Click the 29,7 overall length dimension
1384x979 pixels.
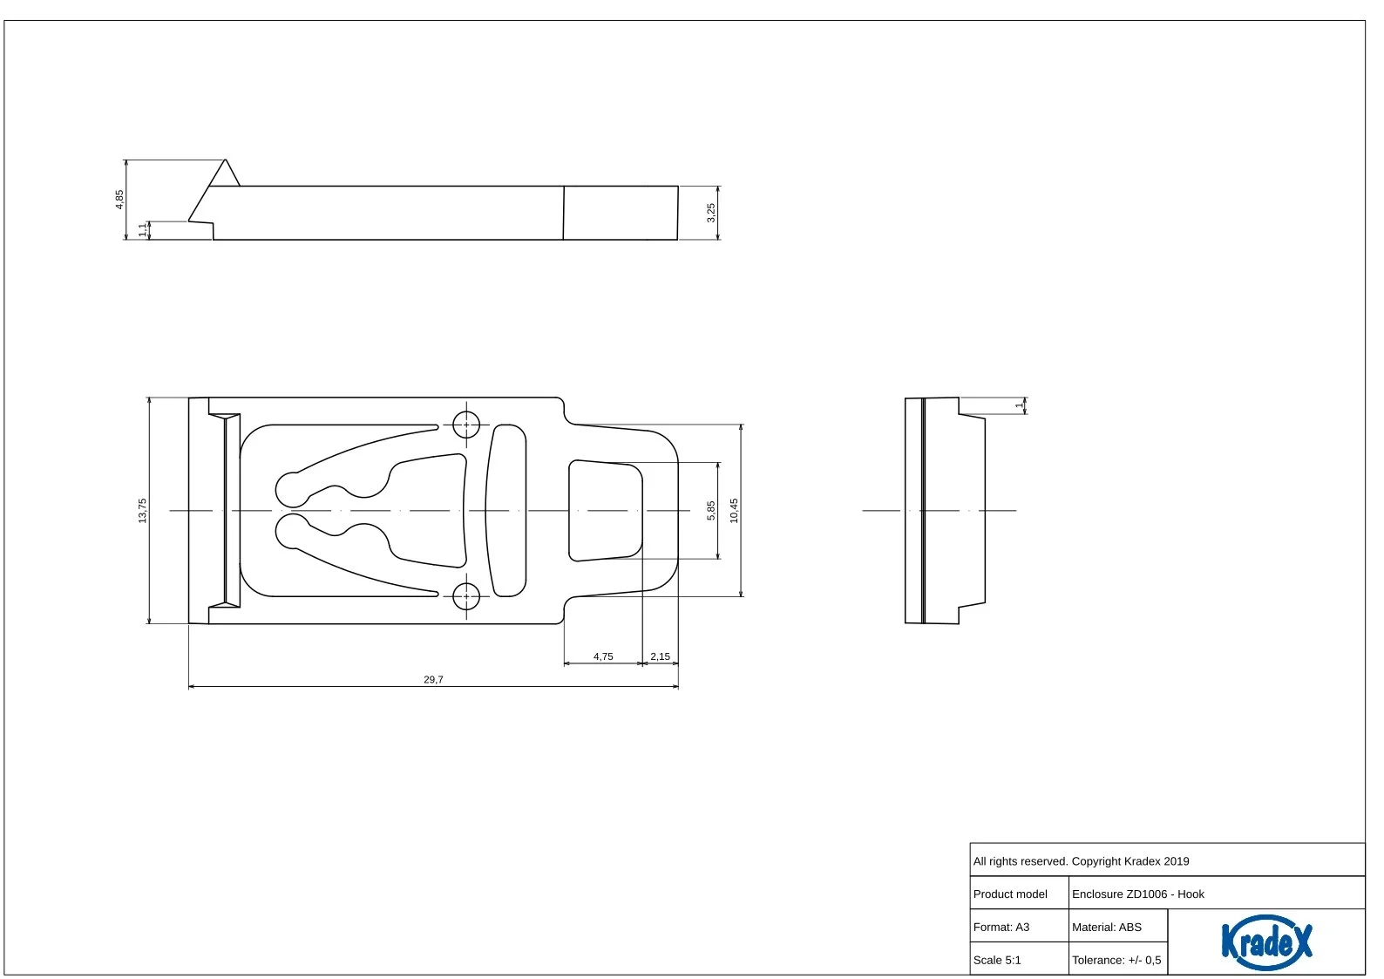pos(433,679)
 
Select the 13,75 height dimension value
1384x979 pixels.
pos(142,511)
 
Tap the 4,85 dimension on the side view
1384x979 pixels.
pos(119,199)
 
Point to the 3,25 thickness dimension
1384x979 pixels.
pos(711,213)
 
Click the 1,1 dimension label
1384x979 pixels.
pos(143,230)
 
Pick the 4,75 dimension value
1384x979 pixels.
pos(603,656)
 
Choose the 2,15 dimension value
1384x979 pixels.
pos(660,656)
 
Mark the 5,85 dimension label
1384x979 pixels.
pos(711,511)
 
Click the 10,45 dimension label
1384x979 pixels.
pos(734,511)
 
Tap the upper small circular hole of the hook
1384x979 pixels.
pos(466,425)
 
